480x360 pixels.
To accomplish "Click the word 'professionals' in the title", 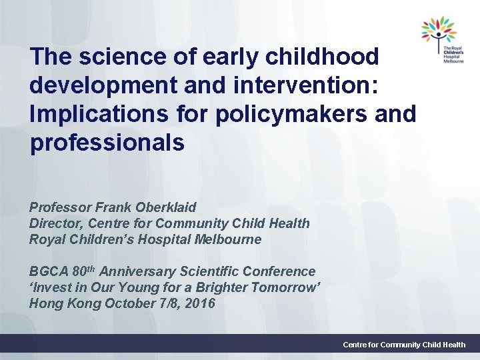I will click(107, 143).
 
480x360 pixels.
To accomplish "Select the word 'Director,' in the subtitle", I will click(57, 223).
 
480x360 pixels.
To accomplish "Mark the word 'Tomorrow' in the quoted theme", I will click(284, 287).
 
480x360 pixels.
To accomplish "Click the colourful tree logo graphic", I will click(437, 31).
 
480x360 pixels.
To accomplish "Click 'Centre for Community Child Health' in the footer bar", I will click(404, 345).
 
